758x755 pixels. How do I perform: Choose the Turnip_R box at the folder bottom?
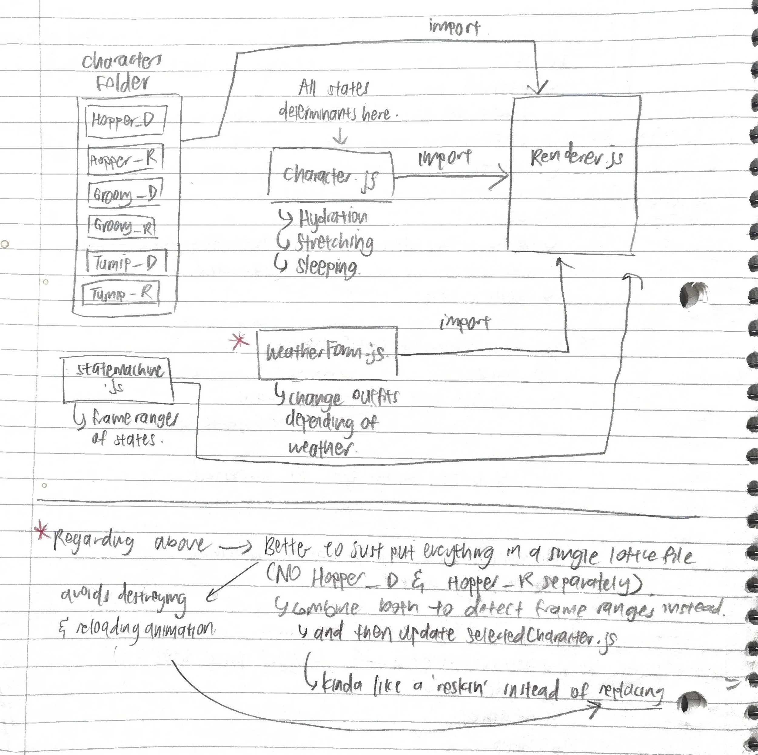[x=121, y=293]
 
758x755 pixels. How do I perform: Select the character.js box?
[x=331, y=175]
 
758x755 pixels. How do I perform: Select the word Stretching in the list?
[x=334, y=243]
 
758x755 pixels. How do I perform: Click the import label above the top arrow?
[x=454, y=28]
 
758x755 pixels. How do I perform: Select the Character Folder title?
[x=122, y=71]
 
